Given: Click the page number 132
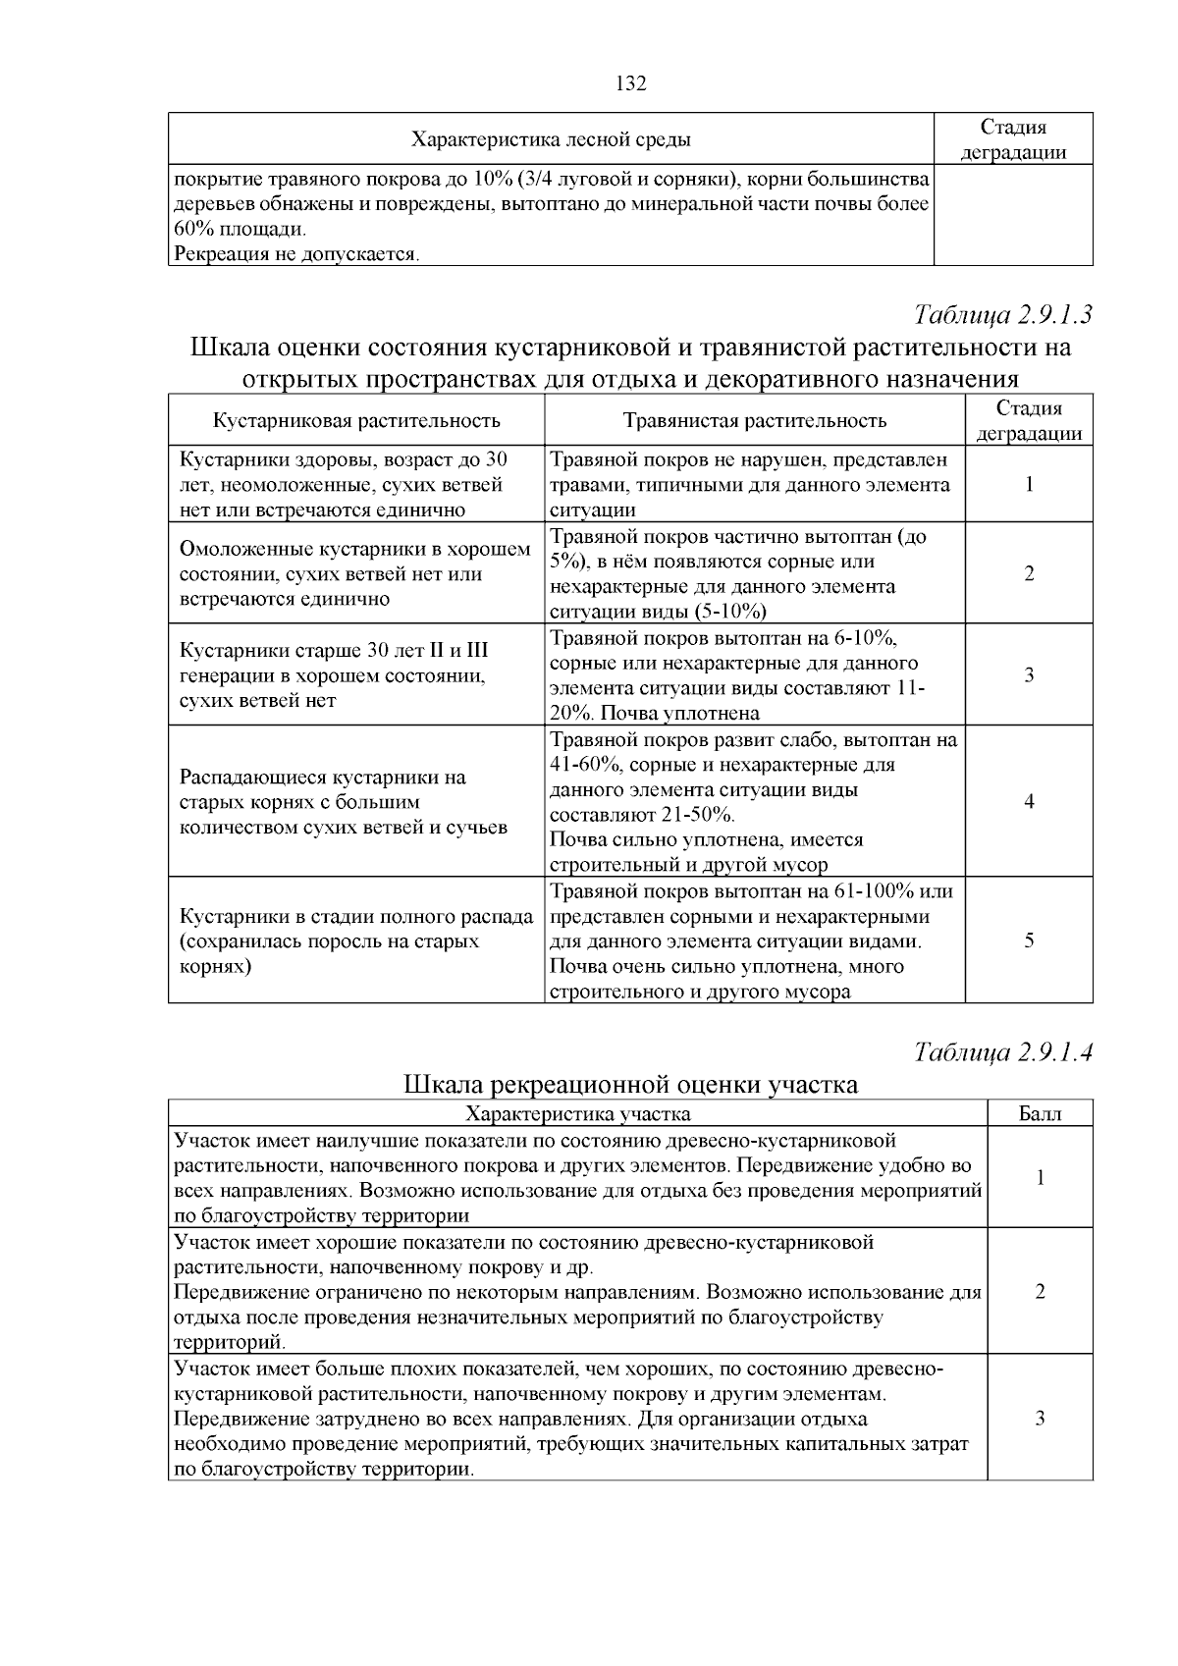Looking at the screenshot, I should (x=630, y=83).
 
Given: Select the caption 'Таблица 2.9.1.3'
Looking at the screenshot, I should (x=1003, y=315).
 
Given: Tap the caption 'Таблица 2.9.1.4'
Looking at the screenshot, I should (x=1003, y=1052).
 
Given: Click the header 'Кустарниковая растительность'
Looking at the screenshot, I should (x=356, y=421).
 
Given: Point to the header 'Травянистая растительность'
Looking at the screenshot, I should (x=754, y=421).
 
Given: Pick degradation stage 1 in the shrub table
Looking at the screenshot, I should (x=1029, y=484).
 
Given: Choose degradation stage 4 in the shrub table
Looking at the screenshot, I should (x=1029, y=801).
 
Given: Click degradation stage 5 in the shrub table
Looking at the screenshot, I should (x=1029, y=940).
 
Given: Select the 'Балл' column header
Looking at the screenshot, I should (x=1040, y=1113).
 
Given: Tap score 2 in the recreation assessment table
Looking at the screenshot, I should (x=1040, y=1291).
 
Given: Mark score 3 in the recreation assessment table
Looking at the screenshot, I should (x=1040, y=1418).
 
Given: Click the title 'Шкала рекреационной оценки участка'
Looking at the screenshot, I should (x=630, y=1085).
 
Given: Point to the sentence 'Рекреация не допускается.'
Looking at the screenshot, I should (x=296, y=255).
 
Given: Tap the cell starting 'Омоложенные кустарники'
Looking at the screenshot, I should (x=355, y=574).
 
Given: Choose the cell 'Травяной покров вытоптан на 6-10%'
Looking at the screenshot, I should (x=754, y=675).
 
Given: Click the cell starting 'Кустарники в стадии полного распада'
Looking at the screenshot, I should (x=355, y=940).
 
